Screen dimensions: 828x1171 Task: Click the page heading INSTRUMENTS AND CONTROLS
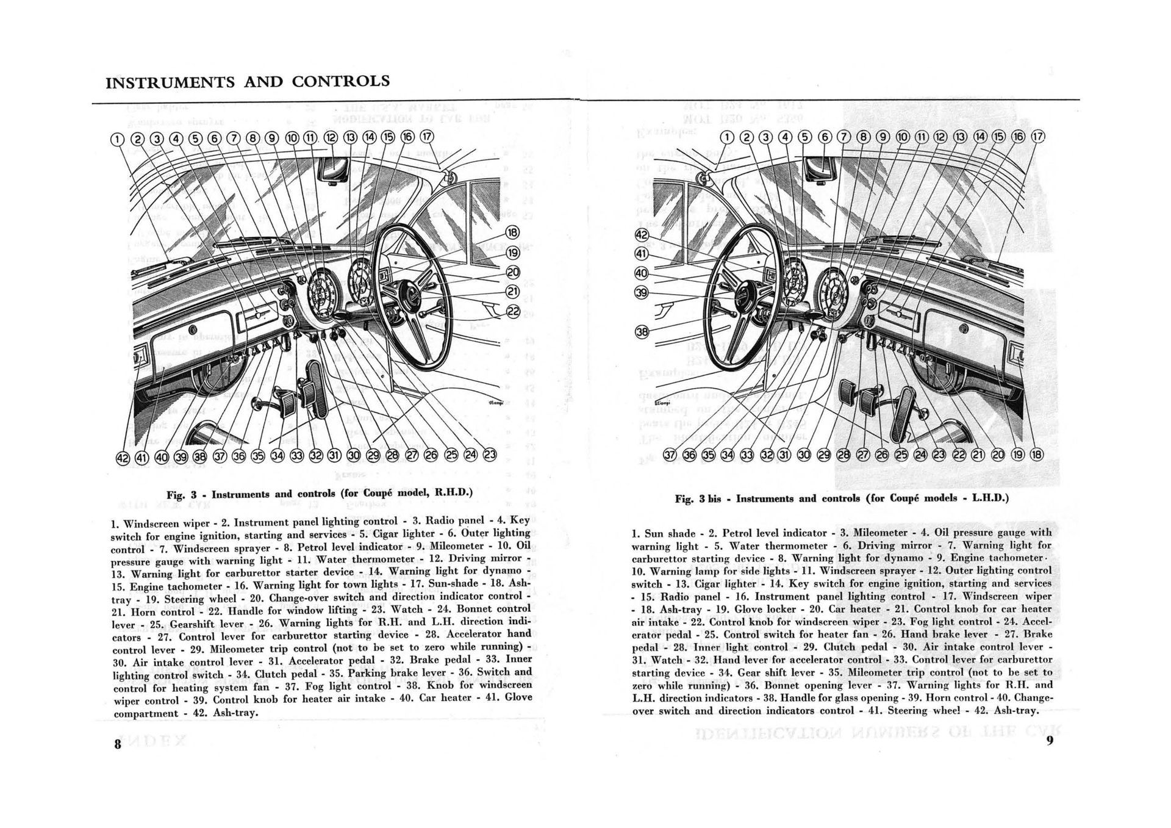(x=248, y=82)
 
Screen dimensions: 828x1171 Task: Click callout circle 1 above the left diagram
(x=118, y=139)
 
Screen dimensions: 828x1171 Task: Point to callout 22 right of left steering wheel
(x=513, y=311)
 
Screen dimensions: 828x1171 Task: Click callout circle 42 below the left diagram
(x=123, y=458)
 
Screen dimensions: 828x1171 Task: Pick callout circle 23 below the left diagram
(x=490, y=455)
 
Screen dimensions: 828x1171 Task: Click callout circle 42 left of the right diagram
(x=642, y=236)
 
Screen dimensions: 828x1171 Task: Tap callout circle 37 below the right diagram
(x=670, y=455)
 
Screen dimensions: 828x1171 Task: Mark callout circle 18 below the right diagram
(x=1036, y=455)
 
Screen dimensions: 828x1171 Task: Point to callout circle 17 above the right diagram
(x=1037, y=136)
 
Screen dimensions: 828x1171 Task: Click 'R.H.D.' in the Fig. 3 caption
(x=453, y=492)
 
